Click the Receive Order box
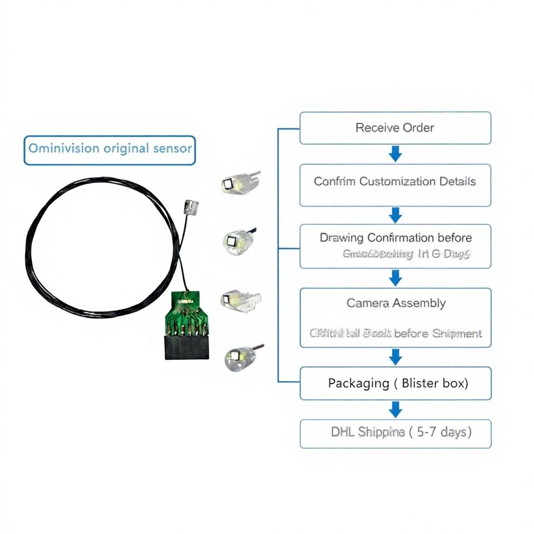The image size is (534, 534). [x=395, y=128]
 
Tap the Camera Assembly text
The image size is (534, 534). [x=395, y=303]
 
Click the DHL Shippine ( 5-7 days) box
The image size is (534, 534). [x=395, y=433]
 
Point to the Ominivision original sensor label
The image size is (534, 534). [x=110, y=149]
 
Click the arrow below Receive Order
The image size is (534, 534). [x=395, y=154]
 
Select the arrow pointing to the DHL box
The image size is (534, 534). [x=395, y=409]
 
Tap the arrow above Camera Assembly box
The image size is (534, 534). [x=395, y=277]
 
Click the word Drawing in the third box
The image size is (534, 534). [x=342, y=238]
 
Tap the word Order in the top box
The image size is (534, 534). [x=418, y=127]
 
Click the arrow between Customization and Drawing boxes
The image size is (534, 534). [x=395, y=214]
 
